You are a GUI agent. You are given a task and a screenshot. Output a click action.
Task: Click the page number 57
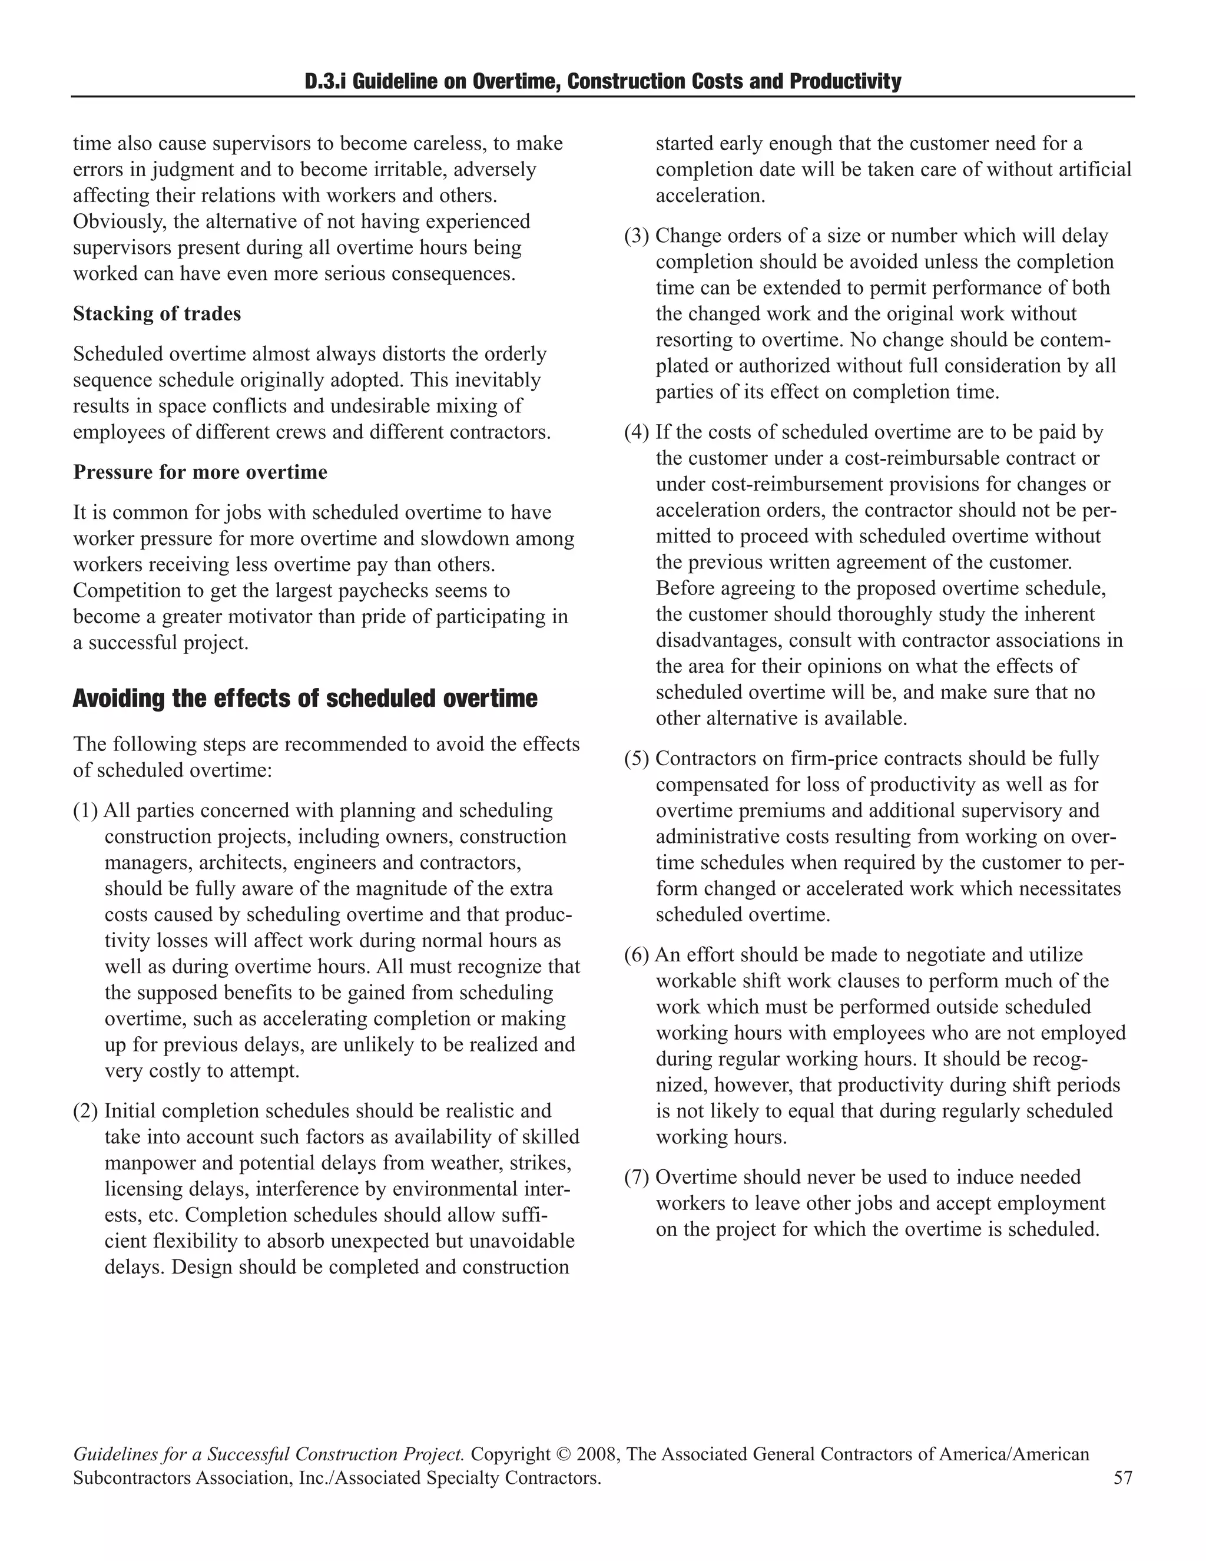[x=1122, y=1478]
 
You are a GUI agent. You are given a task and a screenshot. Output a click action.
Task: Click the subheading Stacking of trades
[x=157, y=314]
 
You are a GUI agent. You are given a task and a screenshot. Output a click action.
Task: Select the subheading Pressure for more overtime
[x=200, y=472]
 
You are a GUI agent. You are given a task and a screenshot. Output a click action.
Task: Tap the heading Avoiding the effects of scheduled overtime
[x=305, y=698]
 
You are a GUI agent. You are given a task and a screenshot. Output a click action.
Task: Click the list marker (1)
[x=86, y=811]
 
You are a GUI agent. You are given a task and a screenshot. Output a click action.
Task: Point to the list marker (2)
[x=86, y=1111]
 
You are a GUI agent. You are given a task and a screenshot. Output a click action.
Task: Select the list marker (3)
[x=637, y=236]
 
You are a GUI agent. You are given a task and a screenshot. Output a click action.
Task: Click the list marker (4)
[x=637, y=432]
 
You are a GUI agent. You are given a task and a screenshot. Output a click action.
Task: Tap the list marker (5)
[x=637, y=758]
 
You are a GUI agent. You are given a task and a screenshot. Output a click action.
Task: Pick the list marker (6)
[x=637, y=955]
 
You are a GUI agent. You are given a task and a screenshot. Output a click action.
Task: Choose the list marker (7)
[x=637, y=1177]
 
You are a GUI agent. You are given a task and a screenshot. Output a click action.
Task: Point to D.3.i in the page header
[x=326, y=81]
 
